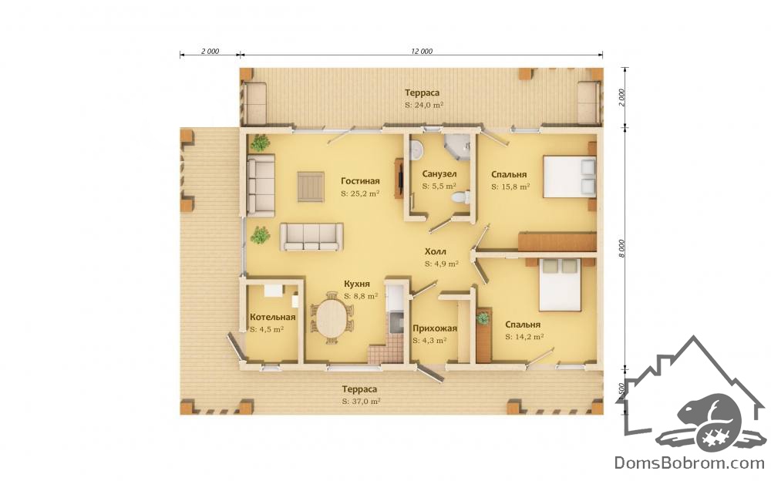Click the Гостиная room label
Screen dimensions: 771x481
(x=360, y=181)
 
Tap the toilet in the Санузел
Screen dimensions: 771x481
(x=461, y=197)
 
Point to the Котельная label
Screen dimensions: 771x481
(x=272, y=318)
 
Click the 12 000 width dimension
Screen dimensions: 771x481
(x=422, y=51)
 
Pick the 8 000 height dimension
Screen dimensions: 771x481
(x=621, y=248)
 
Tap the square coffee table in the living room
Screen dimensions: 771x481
(x=311, y=187)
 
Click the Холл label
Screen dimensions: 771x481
(x=436, y=252)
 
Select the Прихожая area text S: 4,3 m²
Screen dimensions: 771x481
(x=429, y=341)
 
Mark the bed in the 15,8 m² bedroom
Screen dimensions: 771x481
(x=570, y=177)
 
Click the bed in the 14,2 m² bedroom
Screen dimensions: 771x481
(x=560, y=284)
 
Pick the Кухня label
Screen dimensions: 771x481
(x=356, y=284)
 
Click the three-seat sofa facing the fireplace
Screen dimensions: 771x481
(x=311, y=237)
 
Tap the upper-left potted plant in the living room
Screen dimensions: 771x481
(x=260, y=143)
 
